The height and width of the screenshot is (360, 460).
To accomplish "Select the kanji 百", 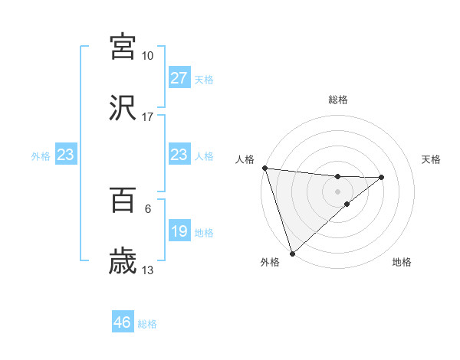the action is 123,201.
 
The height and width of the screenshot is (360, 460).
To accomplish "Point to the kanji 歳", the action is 123,261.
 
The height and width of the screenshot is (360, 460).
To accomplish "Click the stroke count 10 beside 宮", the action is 147,56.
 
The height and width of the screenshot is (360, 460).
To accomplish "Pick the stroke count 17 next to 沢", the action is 147,117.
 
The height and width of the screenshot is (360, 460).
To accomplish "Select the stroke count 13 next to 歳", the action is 147,270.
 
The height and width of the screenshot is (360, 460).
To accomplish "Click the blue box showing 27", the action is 179,78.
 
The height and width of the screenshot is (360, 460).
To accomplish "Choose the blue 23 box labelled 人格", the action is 179,155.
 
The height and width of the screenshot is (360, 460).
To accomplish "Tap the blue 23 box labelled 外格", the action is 65,155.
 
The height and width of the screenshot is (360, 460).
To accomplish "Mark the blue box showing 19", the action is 179,232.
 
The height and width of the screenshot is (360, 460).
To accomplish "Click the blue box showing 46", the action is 122,322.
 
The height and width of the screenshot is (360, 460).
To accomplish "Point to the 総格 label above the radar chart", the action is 338,100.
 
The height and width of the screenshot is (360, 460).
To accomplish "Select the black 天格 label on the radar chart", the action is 431,159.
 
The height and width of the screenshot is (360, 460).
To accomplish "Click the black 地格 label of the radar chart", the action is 402,262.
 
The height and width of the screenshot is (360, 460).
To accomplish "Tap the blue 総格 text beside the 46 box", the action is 147,324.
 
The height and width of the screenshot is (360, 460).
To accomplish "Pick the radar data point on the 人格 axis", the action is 264,168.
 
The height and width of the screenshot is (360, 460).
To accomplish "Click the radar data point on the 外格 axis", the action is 292,252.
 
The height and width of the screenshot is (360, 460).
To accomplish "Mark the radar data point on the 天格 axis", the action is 382,178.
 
